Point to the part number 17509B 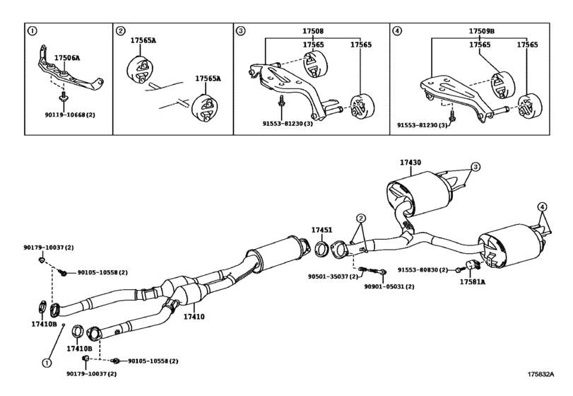pyautogui.click(x=483, y=32)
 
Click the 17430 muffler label pyautogui.click(x=410, y=163)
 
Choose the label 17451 pyautogui.click(x=321, y=230)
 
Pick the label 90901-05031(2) pyautogui.click(x=389, y=286)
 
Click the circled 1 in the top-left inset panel pyautogui.click(x=32, y=31)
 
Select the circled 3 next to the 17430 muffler pyautogui.click(x=475, y=167)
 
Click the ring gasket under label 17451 pyautogui.click(x=321, y=248)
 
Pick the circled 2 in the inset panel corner pyautogui.click(x=121, y=31)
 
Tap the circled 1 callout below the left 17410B pyautogui.click(x=47, y=363)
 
